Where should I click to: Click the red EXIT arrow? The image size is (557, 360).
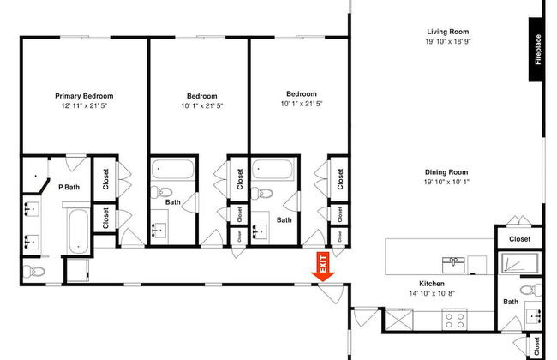pyautogui.click(x=323, y=267)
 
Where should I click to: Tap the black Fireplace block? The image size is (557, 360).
pyautogui.click(x=536, y=50)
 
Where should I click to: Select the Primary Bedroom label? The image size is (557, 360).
pyautogui.click(x=84, y=96)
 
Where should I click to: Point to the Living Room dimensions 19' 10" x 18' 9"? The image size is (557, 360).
pyautogui.click(x=448, y=41)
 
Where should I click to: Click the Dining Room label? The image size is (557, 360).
pyautogui.click(x=446, y=172)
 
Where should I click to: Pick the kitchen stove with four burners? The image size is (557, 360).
pyautogui.click(x=455, y=320)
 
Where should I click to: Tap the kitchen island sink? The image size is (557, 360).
pyautogui.click(x=453, y=265)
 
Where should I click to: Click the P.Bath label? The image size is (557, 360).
pyautogui.click(x=69, y=187)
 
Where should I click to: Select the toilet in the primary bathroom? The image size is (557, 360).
pyautogui.click(x=33, y=272)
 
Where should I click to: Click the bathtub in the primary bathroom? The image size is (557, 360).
pyautogui.click(x=78, y=231)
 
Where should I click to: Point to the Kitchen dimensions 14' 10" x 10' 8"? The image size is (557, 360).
pyautogui.click(x=432, y=293)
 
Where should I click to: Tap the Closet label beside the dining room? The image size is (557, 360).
pyautogui.click(x=519, y=239)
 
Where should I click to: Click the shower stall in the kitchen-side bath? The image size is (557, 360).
pyautogui.click(x=519, y=263)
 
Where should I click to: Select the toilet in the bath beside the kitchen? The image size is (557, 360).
pyautogui.click(x=531, y=290)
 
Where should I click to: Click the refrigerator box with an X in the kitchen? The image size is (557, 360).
pyautogui.click(x=399, y=320)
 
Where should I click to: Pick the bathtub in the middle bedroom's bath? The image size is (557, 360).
pyautogui.click(x=173, y=169)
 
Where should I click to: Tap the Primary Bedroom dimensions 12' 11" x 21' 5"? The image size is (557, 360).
pyautogui.click(x=84, y=106)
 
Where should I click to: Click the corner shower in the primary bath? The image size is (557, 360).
pyautogui.click(x=35, y=176)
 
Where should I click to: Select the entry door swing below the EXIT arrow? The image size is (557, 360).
pyautogui.click(x=332, y=293)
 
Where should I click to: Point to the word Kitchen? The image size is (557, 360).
pyautogui.click(x=432, y=284)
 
